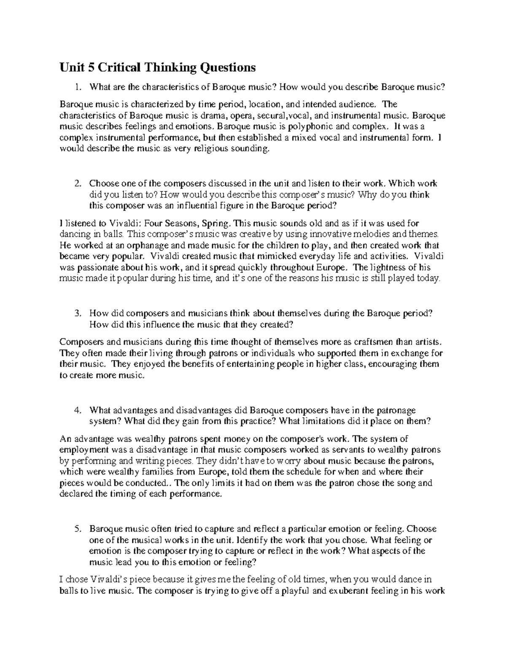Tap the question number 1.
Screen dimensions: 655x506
76,87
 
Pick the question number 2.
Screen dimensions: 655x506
77,183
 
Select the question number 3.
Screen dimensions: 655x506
77,313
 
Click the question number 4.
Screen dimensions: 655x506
77,410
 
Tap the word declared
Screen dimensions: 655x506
77,494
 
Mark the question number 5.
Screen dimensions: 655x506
77,529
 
